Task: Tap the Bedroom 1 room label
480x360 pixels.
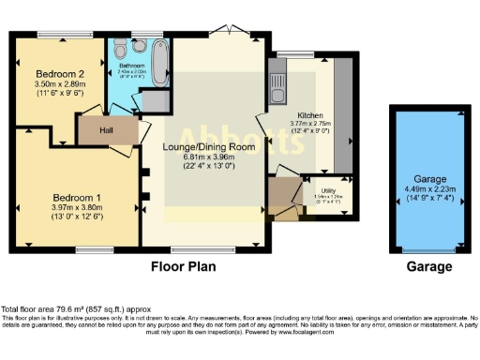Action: point(71,198)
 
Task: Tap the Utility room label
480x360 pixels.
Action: point(330,188)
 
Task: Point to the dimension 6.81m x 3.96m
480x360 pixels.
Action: point(205,157)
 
